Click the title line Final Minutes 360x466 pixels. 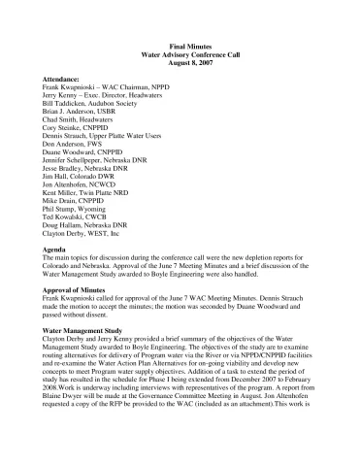pos(180,47)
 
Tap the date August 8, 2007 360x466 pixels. pos(180,64)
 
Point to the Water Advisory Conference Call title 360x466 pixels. pos(180,55)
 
